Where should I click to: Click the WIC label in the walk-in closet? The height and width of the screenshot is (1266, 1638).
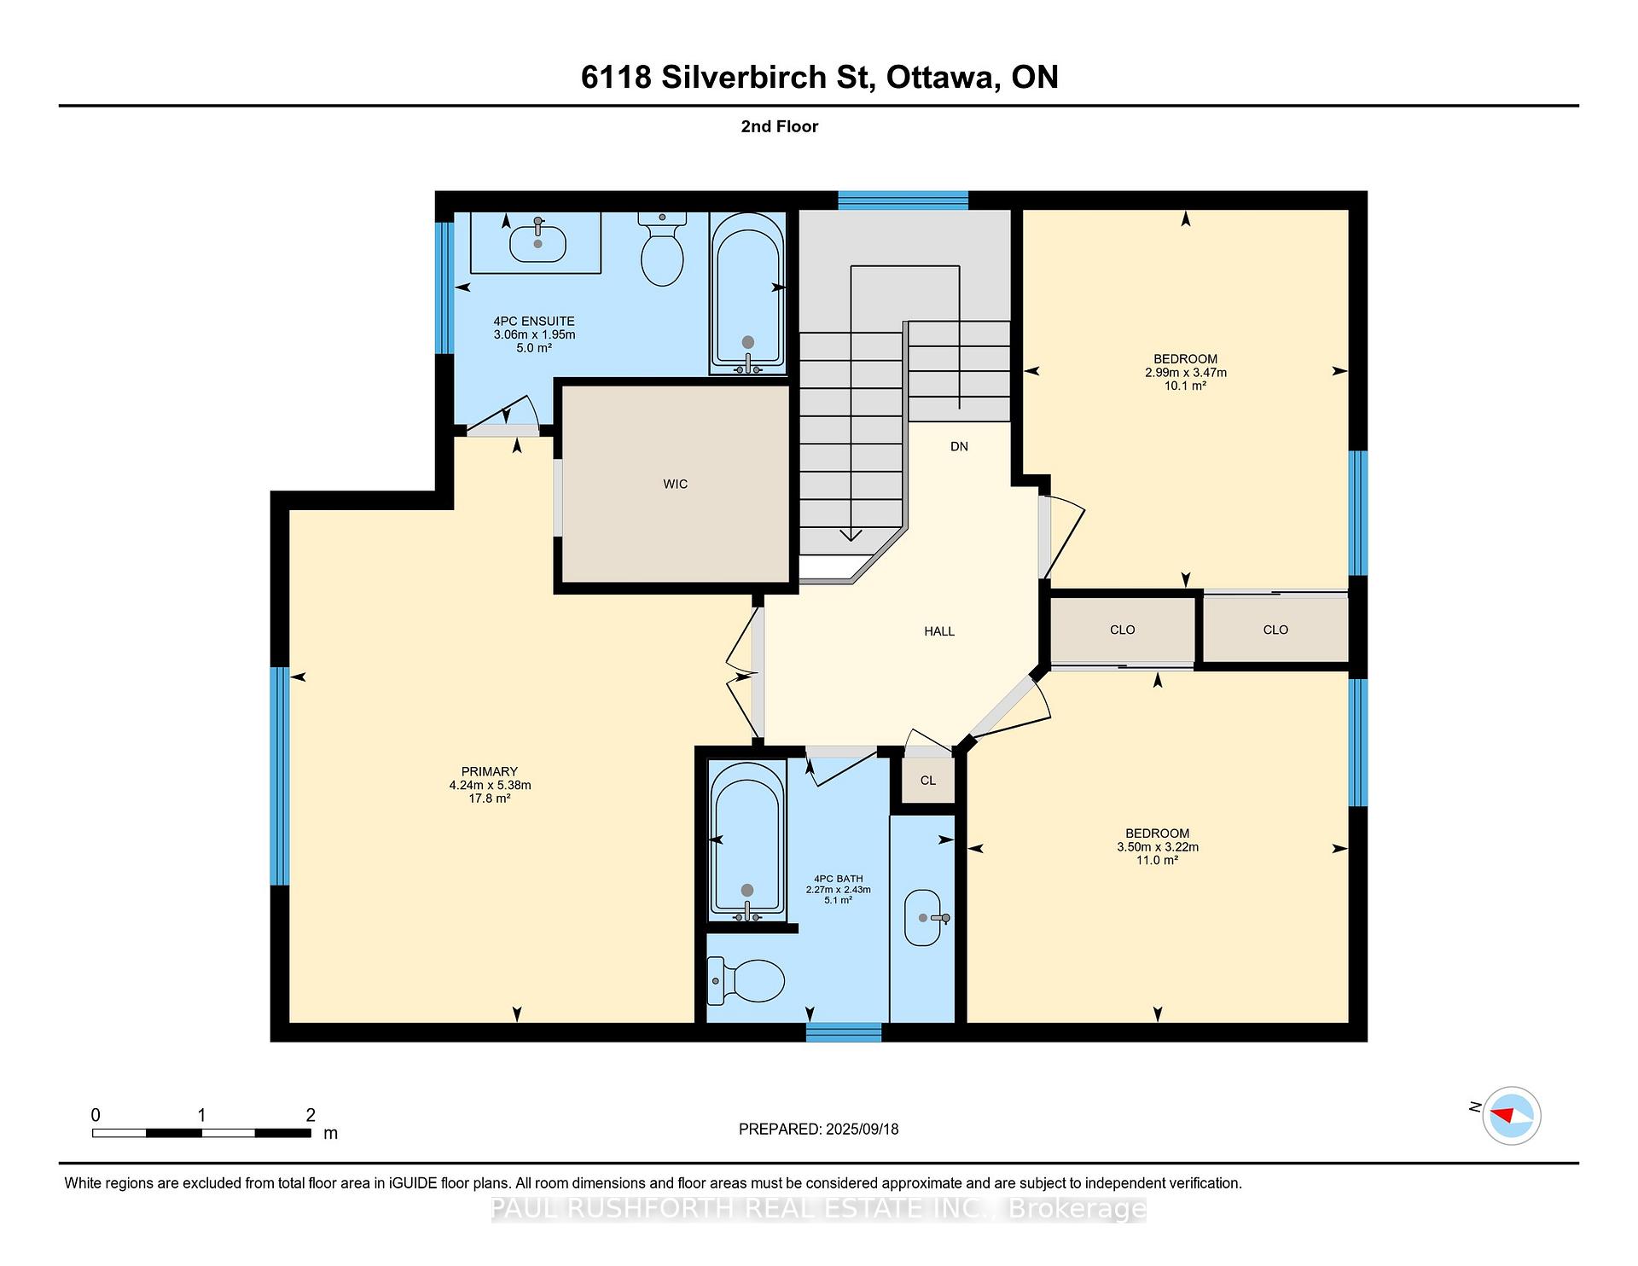click(675, 484)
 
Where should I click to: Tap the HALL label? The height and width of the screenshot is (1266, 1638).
click(939, 631)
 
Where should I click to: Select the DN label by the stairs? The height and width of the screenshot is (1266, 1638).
click(959, 446)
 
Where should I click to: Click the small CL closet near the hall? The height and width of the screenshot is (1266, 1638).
click(927, 780)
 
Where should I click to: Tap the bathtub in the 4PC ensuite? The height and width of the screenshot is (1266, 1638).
click(747, 293)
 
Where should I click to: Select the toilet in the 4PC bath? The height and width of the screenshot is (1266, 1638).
click(746, 981)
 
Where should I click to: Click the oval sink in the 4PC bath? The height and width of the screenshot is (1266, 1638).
click(922, 918)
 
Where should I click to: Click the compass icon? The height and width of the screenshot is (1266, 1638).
click(1511, 1115)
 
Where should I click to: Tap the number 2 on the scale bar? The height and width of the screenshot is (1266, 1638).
click(311, 1115)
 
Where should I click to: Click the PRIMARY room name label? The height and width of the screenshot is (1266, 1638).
click(490, 771)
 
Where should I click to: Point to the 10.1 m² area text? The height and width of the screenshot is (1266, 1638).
click(1186, 386)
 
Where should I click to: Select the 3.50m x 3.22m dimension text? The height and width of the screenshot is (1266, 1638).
click(1158, 847)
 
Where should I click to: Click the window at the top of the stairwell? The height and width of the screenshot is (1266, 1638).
click(903, 200)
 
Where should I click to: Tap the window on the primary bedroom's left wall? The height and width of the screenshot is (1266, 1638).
click(279, 776)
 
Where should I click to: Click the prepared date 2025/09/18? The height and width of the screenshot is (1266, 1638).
click(863, 1129)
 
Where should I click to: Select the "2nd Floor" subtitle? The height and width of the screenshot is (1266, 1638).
click(780, 126)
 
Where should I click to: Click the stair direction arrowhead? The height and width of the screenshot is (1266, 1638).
click(851, 536)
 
